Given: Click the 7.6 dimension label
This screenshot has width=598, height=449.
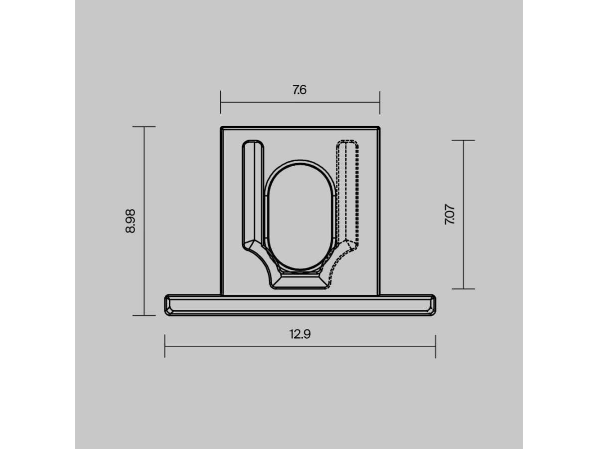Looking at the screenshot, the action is [299, 90].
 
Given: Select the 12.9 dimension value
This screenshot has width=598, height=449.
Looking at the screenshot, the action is [299, 334].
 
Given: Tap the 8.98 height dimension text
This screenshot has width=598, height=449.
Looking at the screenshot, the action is [130, 221].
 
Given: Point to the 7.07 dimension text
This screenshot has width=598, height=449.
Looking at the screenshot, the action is [449, 214].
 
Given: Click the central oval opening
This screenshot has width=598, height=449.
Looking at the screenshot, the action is [299, 217].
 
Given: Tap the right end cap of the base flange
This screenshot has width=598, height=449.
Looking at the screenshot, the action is [432, 305].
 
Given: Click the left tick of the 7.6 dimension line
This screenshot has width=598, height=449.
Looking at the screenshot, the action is [220, 102].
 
